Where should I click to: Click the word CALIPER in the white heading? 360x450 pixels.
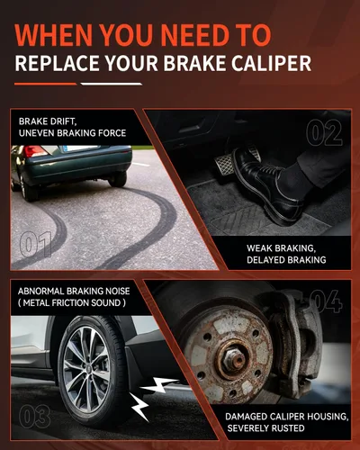pyautogui.click(x=271, y=63)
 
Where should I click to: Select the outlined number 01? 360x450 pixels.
pyautogui.click(x=35, y=244)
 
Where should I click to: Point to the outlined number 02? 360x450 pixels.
pyautogui.click(x=324, y=132)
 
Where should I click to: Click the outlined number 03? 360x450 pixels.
pyautogui.click(x=34, y=416)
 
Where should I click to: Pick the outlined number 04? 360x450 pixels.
pyautogui.click(x=326, y=301)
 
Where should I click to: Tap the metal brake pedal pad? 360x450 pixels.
pyautogui.click(x=226, y=165)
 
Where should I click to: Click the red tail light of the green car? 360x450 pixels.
pyautogui.click(x=35, y=151)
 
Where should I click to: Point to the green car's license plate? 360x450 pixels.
pyautogui.click(x=80, y=148)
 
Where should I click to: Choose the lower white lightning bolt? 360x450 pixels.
pyautogui.click(x=139, y=407)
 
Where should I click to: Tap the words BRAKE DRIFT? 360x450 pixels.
pyautogui.click(x=48, y=121)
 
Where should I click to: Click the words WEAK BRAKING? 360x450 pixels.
pyautogui.click(x=281, y=248)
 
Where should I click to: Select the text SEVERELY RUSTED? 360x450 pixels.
pyautogui.click(x=265, y=428)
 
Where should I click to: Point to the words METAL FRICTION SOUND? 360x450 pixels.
pyautogui.click(x=72, y=302)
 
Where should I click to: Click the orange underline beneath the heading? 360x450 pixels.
pyautogui.click(x=45, y=84)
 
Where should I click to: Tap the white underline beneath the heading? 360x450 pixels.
pyautogui.click(x=112, y=84)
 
